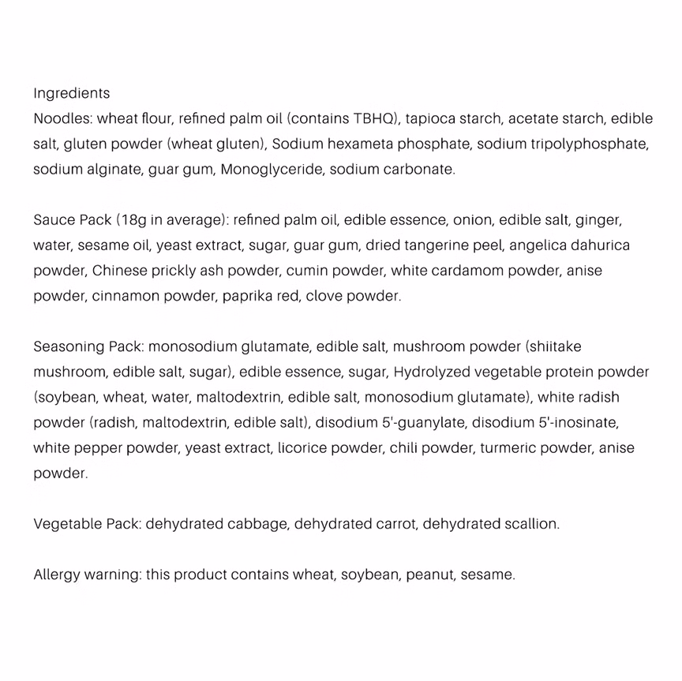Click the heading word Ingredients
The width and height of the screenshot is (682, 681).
click(71, 93)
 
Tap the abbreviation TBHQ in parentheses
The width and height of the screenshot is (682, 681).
click(377, 118)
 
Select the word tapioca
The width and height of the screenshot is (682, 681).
click(432, 118)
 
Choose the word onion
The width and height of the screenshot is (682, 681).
click(473, 219)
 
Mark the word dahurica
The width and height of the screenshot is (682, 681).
click(600, 245)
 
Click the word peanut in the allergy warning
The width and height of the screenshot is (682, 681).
click(429, 574)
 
